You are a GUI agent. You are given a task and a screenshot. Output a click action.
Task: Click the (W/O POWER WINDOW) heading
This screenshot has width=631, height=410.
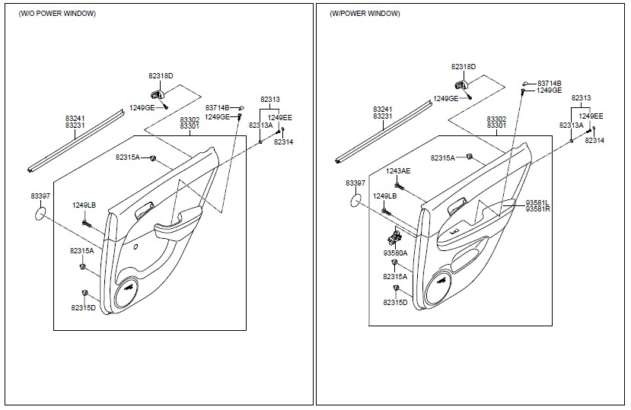(x=57, y=14)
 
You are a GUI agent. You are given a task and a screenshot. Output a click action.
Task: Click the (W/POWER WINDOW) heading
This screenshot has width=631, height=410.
(x=365, y=14)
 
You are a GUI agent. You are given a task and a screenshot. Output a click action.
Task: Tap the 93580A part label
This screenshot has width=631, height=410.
(x=395, y=253)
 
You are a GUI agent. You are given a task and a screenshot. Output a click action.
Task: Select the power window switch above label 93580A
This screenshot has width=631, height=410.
(x=395, y=237)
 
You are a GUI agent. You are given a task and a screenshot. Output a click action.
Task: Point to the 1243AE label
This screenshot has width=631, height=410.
(x=398, y=171)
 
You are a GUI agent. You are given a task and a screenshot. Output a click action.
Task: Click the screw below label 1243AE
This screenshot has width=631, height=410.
(x=399, y=186)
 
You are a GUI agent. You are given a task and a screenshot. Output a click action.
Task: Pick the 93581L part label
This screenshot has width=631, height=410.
(x=537, y=203)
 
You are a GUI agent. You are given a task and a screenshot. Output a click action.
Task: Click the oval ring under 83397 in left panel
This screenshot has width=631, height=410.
(x=40, y=214)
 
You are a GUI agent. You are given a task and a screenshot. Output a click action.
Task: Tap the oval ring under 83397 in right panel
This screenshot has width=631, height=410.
(x=355, y=200)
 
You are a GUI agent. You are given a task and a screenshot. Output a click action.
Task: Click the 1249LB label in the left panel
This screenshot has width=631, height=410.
(x=84, y=205)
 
